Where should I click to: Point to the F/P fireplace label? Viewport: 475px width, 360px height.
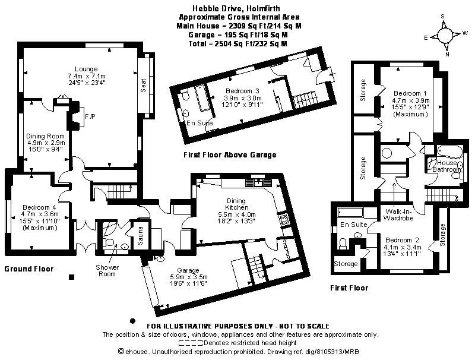click(x=90, y=115)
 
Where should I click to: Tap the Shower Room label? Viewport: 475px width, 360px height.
click(x=108, y=270)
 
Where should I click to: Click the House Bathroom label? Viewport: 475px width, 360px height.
click(x=447, y=166)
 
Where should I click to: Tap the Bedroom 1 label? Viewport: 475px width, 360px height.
click(x=410, y=93)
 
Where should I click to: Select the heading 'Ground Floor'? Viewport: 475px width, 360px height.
click(x=28, y=269)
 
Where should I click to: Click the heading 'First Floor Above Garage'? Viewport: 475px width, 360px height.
click(x=230, y=155)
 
